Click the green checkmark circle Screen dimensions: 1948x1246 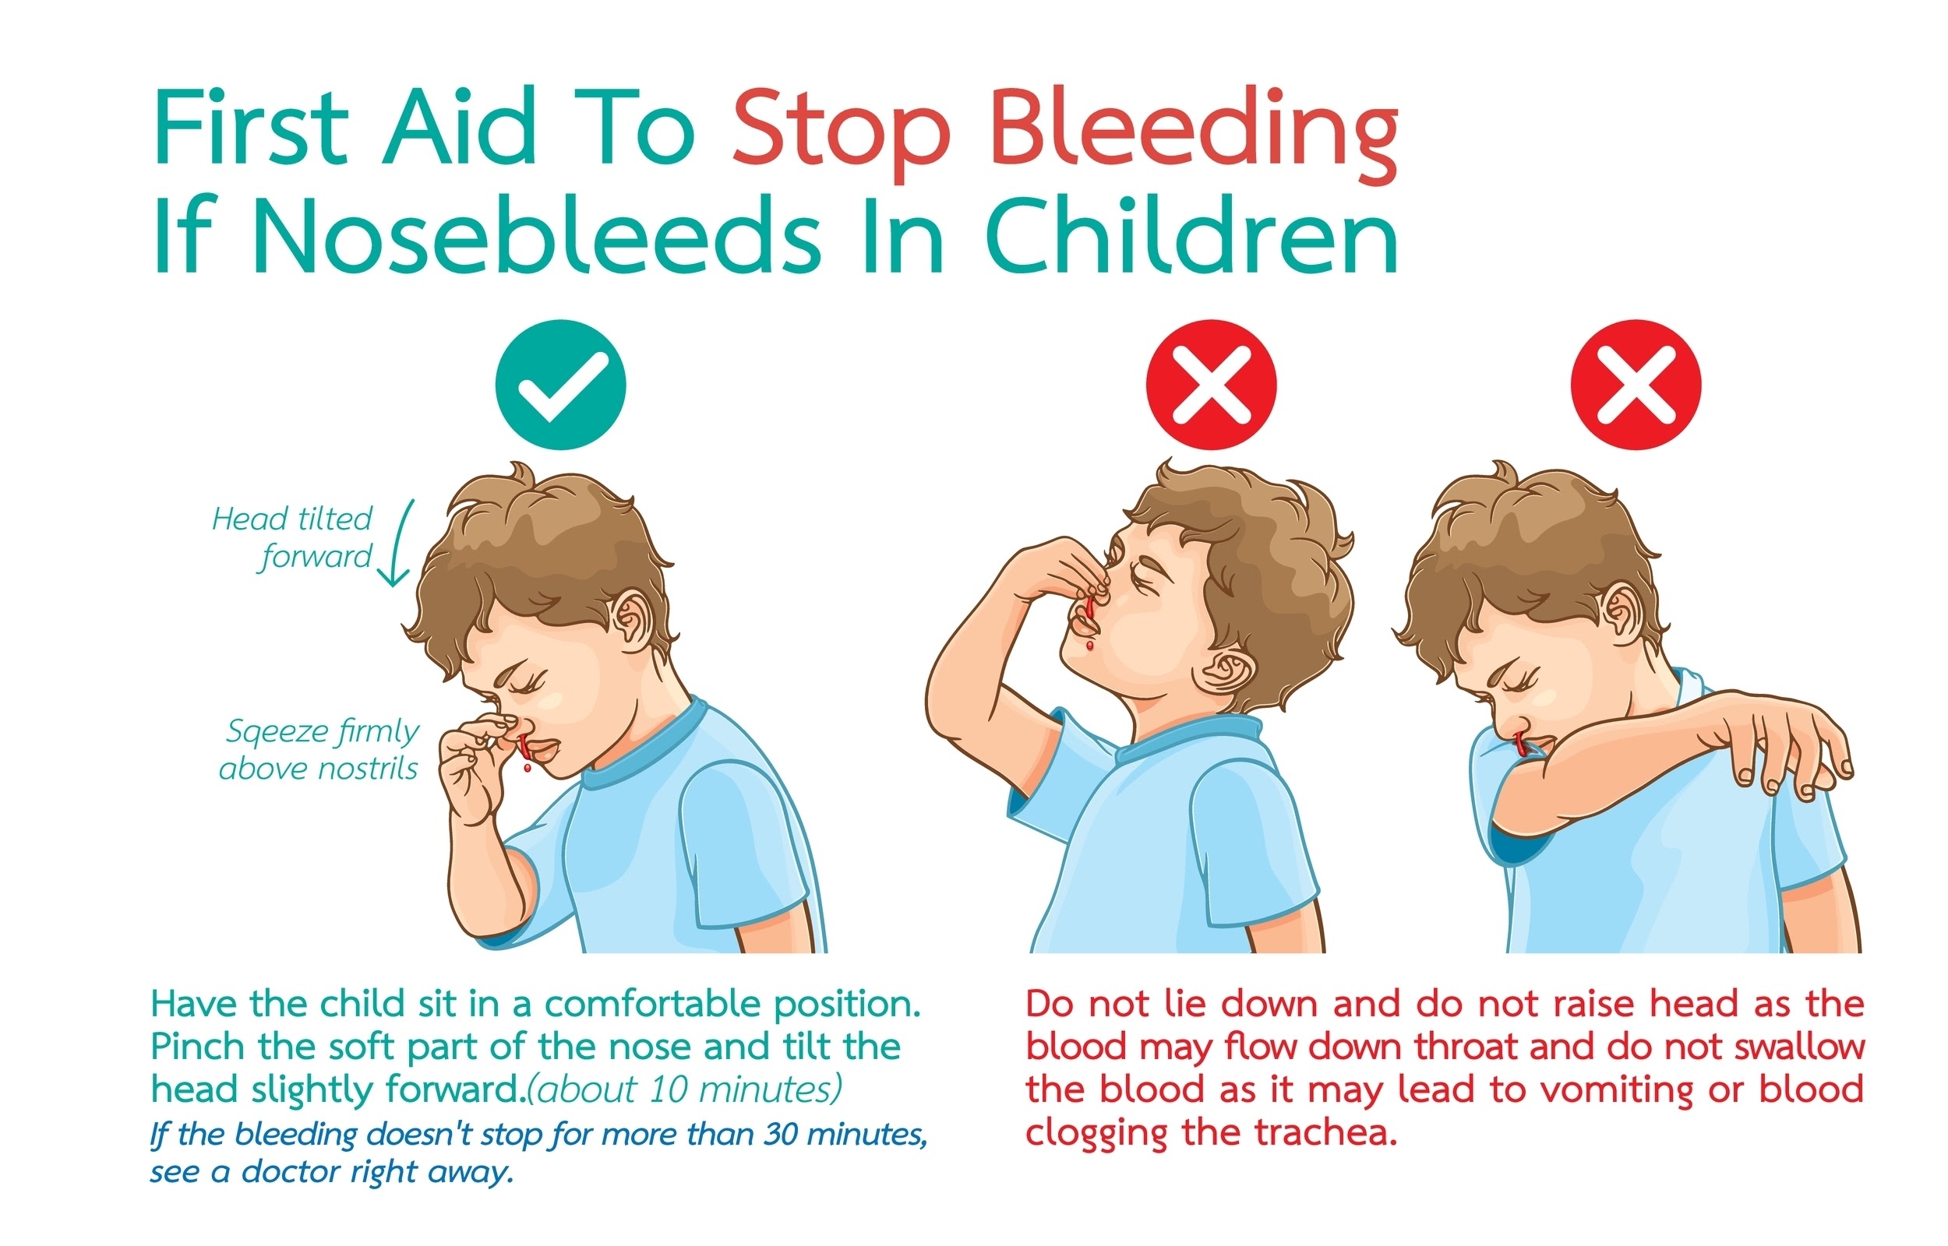[x=560, y=385]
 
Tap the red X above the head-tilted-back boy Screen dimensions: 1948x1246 [x=1211, y=385]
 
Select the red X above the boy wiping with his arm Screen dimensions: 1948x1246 [x=1636, y=385]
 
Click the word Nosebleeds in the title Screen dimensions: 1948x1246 [x=538, y=236]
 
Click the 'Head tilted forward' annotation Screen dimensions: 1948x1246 [x=292, y=537]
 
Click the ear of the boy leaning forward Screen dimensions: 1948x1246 [x=631, y=621]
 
